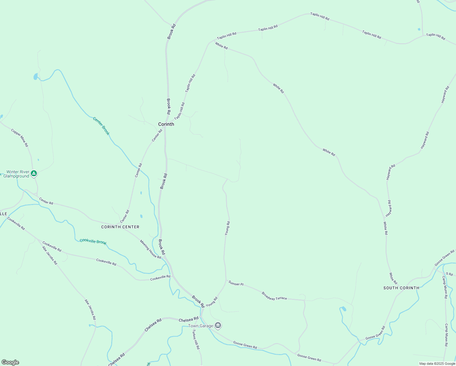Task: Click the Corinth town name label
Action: tap(166, 124)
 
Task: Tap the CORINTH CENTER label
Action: tap(120, 227)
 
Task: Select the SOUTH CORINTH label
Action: tap(401, 288)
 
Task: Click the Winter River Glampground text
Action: tap(16, 174)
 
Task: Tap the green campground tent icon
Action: tap(34, 174)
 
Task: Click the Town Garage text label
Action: tap(201, 326)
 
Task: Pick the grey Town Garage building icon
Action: tap(218, 326)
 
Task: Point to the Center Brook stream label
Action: tap(101, 126)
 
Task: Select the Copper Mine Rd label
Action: tap(20, 138)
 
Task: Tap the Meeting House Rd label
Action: tap(151, 249)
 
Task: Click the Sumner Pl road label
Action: tap(236, 284)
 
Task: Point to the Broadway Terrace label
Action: tap(274, 296)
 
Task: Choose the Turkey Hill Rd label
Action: tap(196, 340)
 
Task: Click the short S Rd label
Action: tap(449, 274)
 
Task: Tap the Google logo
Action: tap(10, 362)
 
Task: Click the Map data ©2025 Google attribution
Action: tap(437, 364)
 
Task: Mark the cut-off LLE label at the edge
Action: tap(3, 214)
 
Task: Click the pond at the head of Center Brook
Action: tap(36, 76)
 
